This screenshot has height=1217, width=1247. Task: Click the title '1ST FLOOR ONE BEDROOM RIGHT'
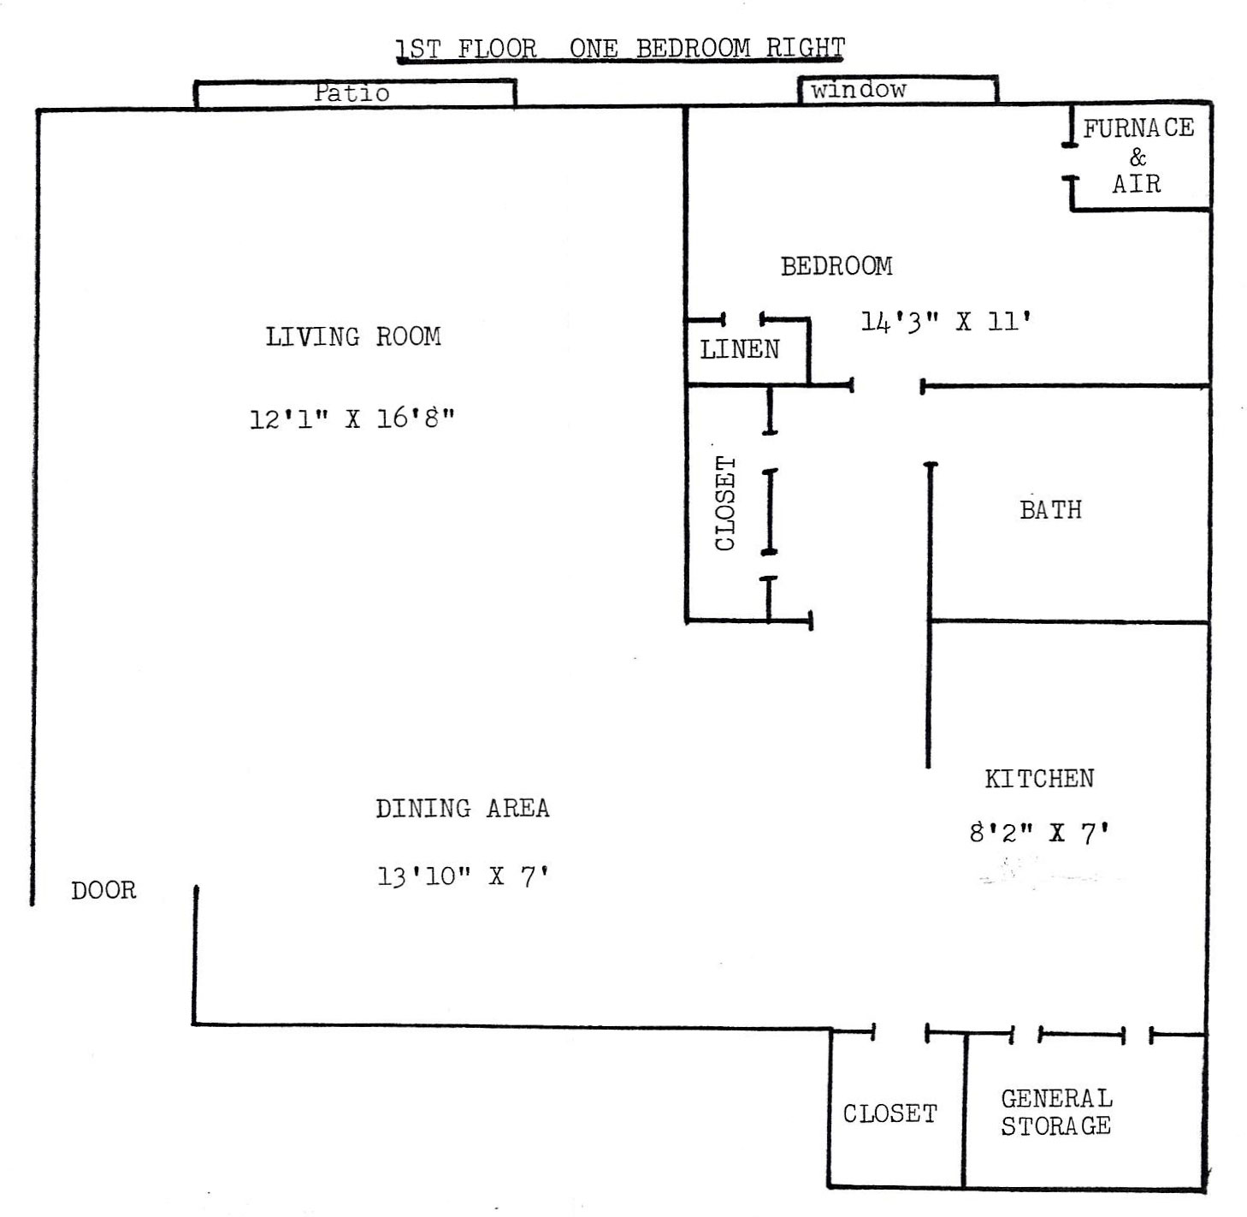[x=620, y=48]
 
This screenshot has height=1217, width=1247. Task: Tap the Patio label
[x=352, y=93]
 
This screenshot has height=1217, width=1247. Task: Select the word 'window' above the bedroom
[x=858, y=89]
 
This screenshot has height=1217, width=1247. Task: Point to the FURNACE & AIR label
[x=1138, y=156]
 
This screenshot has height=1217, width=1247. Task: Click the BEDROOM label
[x=836, y=266]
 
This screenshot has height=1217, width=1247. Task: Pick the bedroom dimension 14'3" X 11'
[x=946, y=321]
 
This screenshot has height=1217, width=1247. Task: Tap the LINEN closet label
[x=740, y=349]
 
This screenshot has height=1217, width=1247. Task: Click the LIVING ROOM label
[x=353, y=336]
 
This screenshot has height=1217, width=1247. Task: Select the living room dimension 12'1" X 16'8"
[x=352, y=419]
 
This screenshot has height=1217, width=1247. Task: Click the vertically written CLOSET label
[x=724, y=502]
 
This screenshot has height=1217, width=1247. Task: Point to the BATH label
[x=1050, y=510]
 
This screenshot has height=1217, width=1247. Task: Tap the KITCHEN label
[x=1039, y=779]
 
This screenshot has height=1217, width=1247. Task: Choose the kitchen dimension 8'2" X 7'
[x=1039, y=833]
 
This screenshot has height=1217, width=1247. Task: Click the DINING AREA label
[x=462, y=808]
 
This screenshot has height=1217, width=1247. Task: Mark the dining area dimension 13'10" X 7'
[x=462, y=876]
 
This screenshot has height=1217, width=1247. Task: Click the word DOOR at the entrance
[x=103, y=890]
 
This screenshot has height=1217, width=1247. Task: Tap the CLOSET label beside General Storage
[x=889, y=1113]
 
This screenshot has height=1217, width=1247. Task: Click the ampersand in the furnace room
[x=1138, y=156]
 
